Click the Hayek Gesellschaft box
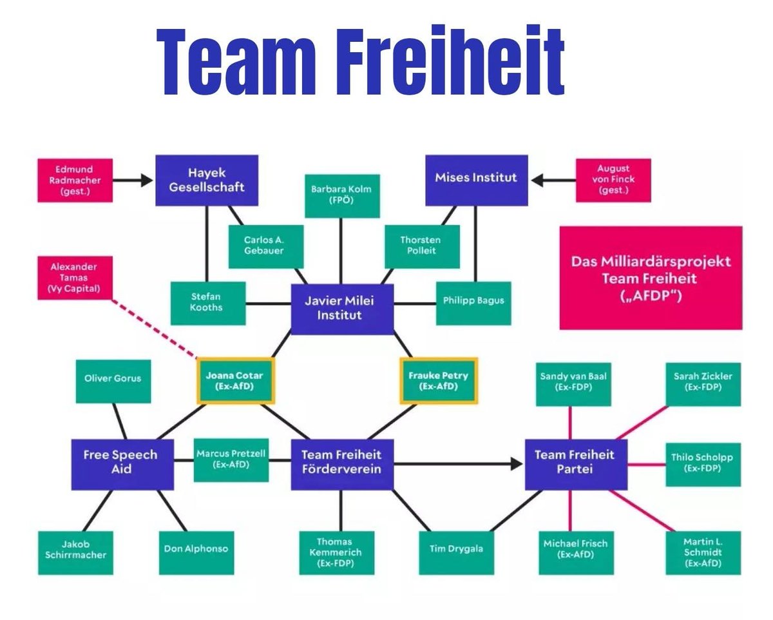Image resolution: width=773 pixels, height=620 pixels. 207,180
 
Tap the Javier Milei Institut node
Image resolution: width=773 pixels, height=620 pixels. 342,308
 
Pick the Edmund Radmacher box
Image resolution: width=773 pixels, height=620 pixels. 74,180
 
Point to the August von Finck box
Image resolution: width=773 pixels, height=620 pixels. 613,180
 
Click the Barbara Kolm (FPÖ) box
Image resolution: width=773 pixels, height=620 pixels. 342,195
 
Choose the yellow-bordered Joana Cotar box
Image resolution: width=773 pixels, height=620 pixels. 235,381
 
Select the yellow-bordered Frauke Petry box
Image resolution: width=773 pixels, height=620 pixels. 439,381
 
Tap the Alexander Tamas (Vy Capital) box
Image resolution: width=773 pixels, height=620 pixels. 74,278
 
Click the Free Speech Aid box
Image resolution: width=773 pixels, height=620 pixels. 122,461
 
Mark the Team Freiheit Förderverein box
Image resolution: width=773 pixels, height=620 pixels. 342,461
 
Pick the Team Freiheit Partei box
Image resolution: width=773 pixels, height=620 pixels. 575,461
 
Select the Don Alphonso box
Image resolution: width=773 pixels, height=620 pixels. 196,549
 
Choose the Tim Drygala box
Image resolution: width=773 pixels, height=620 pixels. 456,549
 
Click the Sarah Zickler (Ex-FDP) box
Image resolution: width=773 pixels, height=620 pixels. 703,382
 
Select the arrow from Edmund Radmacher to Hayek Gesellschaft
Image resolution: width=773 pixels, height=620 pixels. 133,180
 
